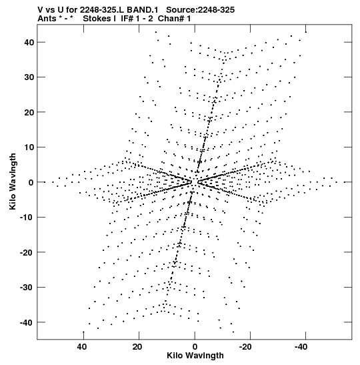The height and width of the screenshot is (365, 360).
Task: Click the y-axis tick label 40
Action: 29,42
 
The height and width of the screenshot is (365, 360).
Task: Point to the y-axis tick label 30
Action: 29,77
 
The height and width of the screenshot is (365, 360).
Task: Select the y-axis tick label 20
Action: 29,112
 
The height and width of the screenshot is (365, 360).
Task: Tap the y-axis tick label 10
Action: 29,147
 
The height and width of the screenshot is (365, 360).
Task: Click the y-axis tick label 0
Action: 31,182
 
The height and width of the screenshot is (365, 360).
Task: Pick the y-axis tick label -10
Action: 27,218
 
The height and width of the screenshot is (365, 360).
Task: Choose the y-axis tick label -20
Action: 27,252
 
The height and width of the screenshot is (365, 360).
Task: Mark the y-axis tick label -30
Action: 27,288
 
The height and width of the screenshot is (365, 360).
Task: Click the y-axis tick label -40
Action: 27,322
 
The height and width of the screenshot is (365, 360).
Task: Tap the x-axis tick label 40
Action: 82,347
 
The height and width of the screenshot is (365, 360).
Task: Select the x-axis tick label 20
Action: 137,347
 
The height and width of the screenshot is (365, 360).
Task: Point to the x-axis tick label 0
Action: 195,347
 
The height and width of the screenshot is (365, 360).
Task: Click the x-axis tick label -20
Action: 245,347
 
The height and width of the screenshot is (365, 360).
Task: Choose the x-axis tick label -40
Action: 301,347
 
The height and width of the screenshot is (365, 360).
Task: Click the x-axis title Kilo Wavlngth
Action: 195,356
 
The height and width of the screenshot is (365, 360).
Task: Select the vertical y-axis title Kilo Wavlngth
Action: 13,181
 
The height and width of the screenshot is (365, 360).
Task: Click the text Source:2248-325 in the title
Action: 200,10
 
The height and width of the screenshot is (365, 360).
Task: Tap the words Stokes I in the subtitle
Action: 99,19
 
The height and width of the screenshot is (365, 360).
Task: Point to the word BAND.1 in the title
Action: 143,10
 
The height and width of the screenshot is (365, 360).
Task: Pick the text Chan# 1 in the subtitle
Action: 174,19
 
